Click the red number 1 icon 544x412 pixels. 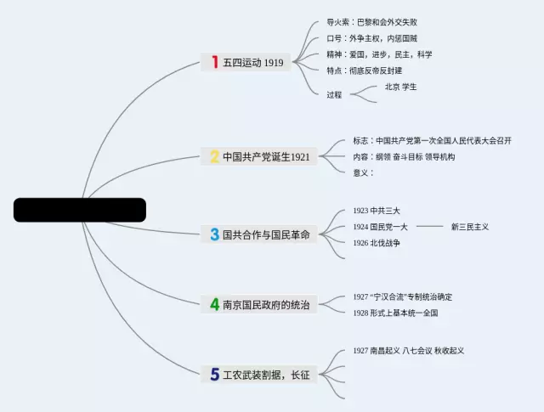[x=215, y=62]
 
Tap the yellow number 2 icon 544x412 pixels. [x=215, y=156]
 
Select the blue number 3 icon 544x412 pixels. [x=215, y=234]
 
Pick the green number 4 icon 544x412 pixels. [x=215, y=304]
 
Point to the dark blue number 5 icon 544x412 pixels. [x=215, y=374]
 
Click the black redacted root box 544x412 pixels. [x=80, y=210]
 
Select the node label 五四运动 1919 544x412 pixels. [x=253, y=63]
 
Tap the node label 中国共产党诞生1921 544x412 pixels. [x=266, y=157]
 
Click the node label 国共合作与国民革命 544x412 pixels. [x=266, y=234]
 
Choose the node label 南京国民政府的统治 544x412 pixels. [x=266, y=305]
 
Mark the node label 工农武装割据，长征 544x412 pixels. [x=266, y=375]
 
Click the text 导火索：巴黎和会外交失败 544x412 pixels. [x=371, y=22]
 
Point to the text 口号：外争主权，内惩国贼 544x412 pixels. [x=371, y=38]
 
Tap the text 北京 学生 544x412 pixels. [x=400, y=87]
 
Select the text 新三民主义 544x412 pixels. [x=469, y=227]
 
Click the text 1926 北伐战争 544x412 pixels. [x=377, y=243]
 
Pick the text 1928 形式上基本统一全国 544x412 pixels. [x=395, y=313]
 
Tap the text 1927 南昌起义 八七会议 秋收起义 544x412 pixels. [x=409, y=350]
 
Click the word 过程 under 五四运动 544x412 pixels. [x=334, y=94]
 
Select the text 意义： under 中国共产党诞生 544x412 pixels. [x=363, y=172]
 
